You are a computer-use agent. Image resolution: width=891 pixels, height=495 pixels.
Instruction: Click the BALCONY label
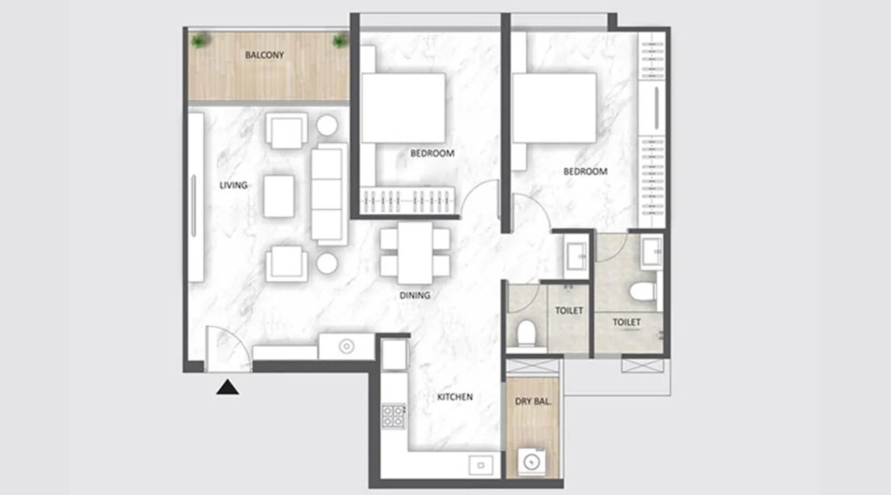265,55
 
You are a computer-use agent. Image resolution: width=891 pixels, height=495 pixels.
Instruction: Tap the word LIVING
233,185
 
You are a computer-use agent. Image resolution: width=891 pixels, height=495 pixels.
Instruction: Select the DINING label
415,295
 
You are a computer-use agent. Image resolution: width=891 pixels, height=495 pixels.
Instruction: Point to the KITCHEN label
455,397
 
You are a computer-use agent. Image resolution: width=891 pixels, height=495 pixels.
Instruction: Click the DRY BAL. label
533,401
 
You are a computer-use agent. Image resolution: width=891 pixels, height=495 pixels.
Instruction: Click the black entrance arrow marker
227,387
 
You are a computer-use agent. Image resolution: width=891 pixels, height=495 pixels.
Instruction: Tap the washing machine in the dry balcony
531,462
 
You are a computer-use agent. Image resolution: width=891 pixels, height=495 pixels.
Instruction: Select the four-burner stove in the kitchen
393,416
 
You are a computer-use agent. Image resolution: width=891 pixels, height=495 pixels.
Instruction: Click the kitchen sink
481,465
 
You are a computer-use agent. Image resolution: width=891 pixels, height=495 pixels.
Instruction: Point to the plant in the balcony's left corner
199,41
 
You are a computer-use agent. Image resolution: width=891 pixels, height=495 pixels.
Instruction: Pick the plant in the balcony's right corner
339,41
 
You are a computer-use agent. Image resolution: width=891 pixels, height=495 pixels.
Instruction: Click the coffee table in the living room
278,196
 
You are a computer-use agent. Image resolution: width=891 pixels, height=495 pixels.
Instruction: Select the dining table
415,253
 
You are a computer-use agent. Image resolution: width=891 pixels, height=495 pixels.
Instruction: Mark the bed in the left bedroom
403,107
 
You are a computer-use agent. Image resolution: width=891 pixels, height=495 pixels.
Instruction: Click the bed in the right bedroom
554,107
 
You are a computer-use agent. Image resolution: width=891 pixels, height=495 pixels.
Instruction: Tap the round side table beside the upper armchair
327,126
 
